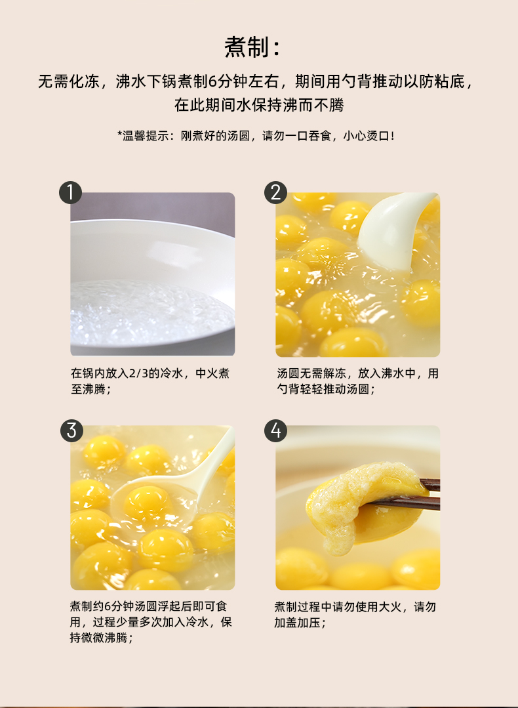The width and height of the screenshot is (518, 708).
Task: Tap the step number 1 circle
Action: tap(70, 193)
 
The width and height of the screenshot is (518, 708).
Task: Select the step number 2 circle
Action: tap(275, 193)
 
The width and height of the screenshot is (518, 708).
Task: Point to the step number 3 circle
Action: tap(71, 430)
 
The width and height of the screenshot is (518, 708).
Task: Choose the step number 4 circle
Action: tap(275, 430)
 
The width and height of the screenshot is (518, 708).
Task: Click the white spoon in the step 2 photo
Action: tap(393, 230)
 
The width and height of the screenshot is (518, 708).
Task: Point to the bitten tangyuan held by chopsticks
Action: tap(361, 503)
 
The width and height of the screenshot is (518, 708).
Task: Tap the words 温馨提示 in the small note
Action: tap(146, 136)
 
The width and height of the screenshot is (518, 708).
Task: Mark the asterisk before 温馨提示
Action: tap(119, 134)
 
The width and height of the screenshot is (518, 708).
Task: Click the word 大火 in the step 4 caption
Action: tap(389, 606)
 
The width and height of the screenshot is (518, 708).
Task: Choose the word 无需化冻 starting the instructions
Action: tap(69, 82)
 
